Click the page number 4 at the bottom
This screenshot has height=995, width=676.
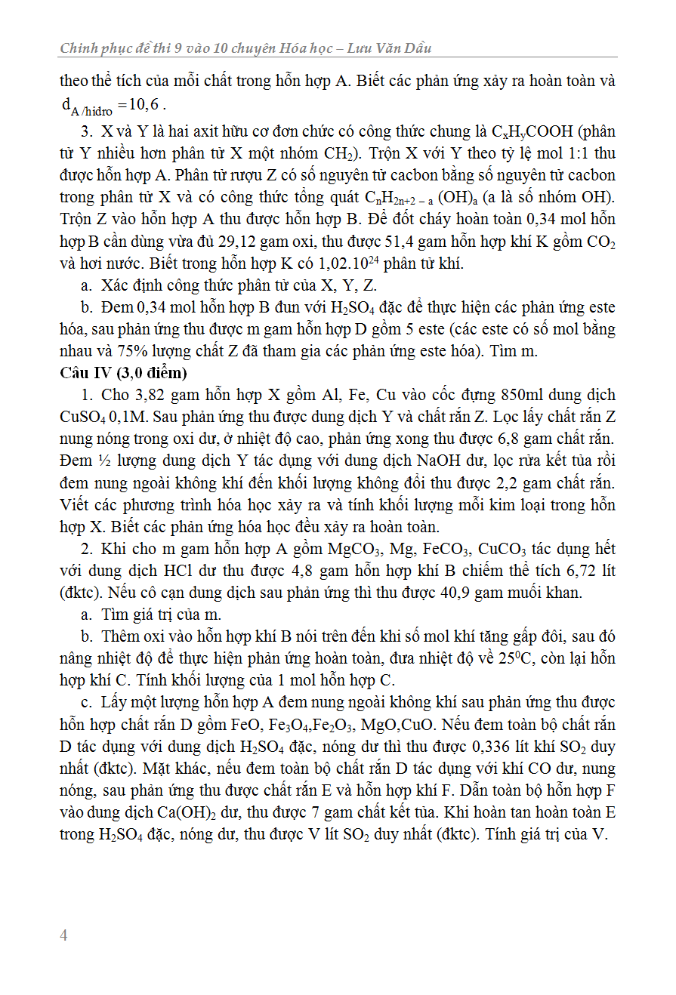click(x=63, y=935)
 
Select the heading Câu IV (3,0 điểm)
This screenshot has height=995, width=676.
click(x=123, y=373)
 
